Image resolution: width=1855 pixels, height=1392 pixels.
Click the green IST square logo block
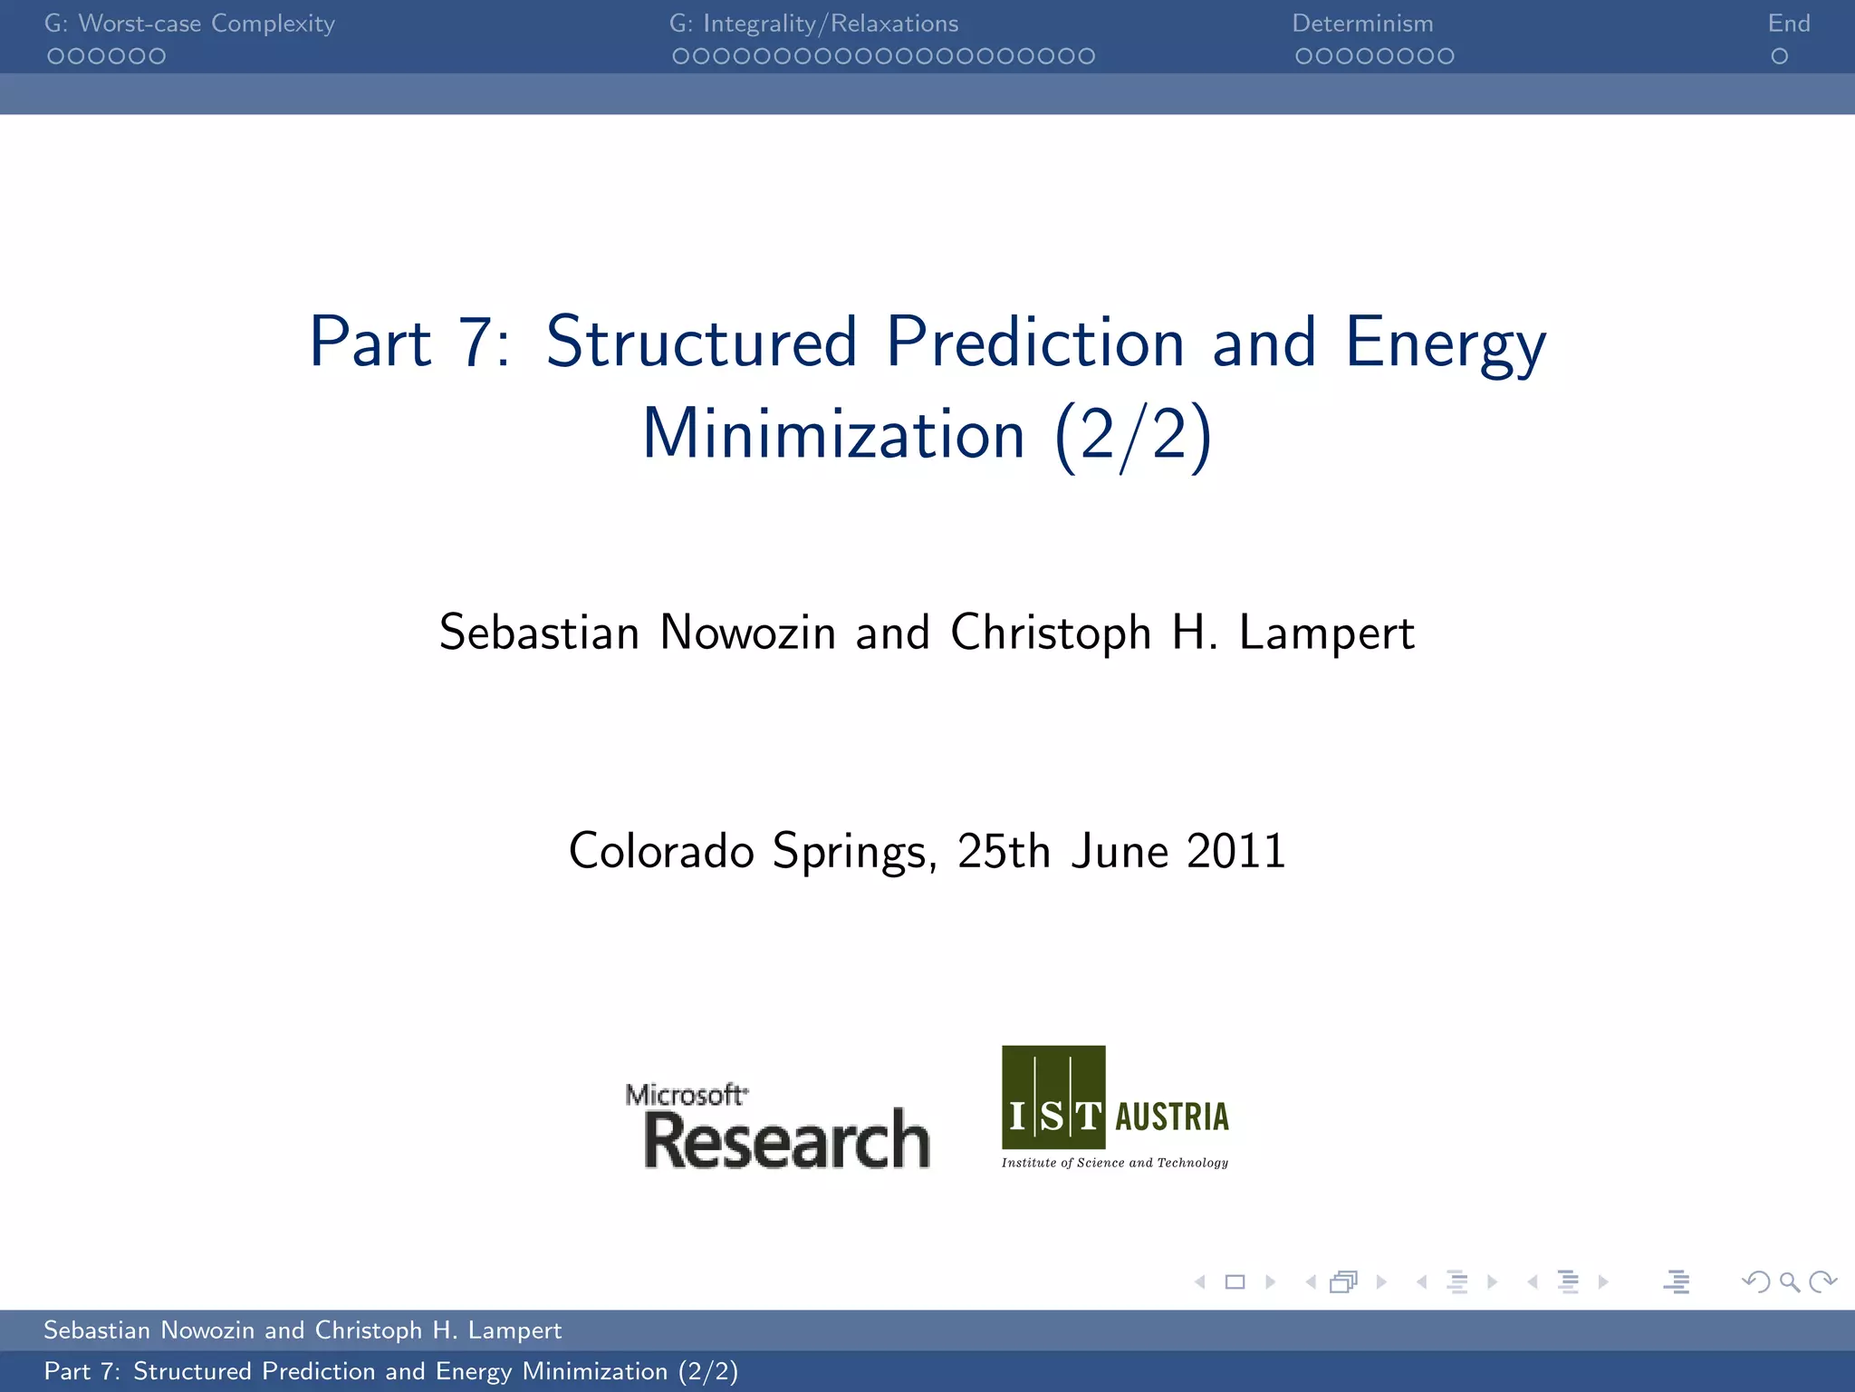[x=1053, y=1097]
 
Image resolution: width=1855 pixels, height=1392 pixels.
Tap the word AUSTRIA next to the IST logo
[x=1172, y=1116]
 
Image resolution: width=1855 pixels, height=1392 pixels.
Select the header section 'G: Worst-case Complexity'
[x=189, y=24]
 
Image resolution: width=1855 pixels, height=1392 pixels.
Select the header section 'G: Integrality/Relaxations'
[x=813, y=24]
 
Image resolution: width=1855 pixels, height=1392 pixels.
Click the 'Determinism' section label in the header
[x=1362, y=24]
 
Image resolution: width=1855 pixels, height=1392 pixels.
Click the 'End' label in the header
[x=1788, y=24]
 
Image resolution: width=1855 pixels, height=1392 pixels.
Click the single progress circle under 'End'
[x=1779, y=56]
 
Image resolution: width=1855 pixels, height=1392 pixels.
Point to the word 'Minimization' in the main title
[x=833, y=435]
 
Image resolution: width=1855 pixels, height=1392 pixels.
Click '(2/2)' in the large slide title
[x=1132, y=435]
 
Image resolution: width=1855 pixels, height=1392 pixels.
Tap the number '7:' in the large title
[x=484, y=343]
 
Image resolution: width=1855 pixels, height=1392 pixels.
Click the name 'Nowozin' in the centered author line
[x=747, y=633]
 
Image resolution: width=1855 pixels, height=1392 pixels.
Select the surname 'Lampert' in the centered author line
[x=1326, y=633]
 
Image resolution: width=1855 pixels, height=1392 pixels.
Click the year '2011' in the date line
[x=1235, y=852]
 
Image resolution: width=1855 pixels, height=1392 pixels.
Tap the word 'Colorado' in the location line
[x=661, y=852]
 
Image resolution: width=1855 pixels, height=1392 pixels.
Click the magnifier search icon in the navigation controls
[x=1789, y=1281]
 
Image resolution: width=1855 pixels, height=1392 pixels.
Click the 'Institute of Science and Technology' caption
[x=1115, y=1163]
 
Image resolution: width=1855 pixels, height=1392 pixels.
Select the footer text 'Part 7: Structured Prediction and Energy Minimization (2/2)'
[x=391, y=1371]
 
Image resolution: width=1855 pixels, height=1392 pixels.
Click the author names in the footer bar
[x=303, y=1330]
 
